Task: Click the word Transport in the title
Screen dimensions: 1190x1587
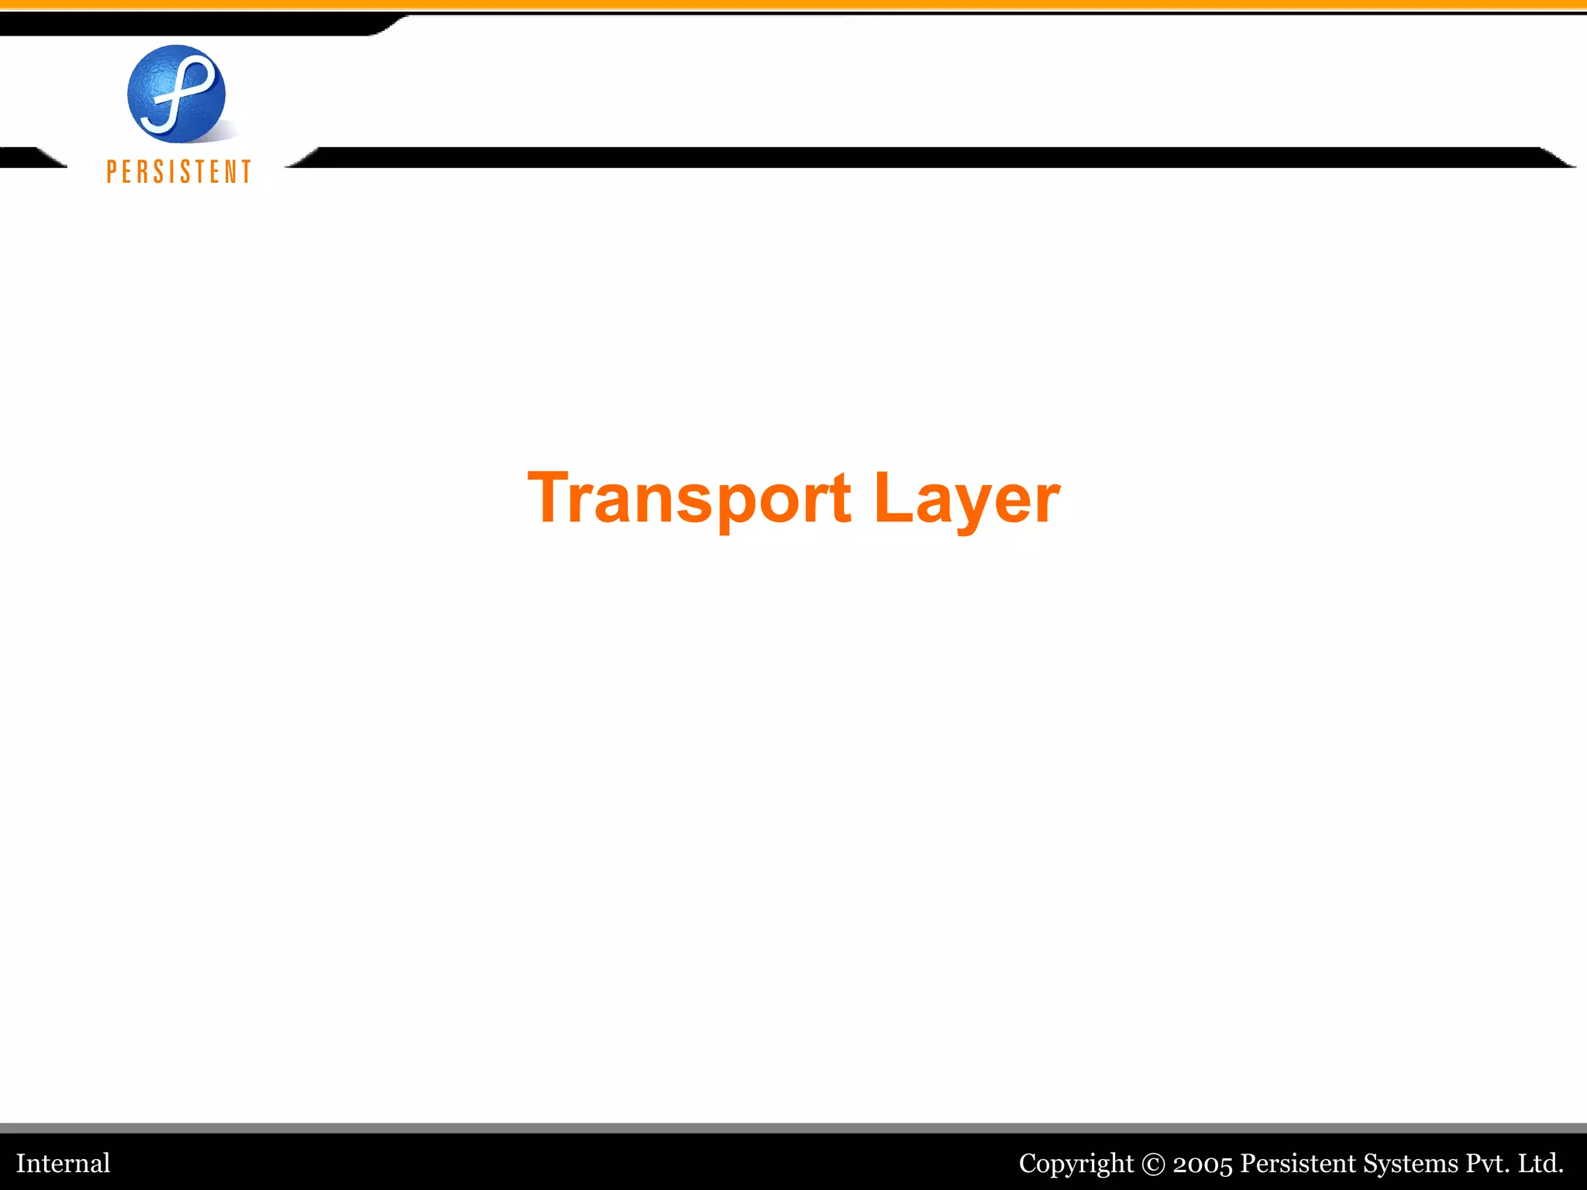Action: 688,498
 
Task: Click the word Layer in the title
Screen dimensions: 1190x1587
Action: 966,498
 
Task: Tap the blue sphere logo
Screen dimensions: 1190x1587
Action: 177,94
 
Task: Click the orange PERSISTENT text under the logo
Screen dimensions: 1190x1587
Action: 179,171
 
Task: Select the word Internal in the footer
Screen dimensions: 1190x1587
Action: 64,1163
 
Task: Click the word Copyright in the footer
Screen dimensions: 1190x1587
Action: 1076,1163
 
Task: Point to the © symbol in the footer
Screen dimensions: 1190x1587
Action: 1153,1164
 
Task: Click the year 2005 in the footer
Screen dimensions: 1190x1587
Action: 1202,1164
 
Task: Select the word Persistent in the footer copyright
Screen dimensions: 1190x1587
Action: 1298,1163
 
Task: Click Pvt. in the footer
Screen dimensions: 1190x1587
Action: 1487,1163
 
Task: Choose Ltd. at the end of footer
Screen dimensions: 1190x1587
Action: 1541,1163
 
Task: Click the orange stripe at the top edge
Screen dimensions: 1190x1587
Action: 793,5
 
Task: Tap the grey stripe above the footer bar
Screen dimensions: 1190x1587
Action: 793,1128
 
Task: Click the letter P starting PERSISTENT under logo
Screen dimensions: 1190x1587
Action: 112,171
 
